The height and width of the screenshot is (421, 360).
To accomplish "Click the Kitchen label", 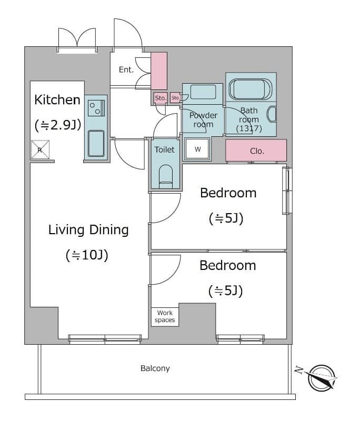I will [57, 99].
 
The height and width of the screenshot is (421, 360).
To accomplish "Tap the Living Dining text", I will [88, 229].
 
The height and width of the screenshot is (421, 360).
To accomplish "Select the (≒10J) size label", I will [87, 255].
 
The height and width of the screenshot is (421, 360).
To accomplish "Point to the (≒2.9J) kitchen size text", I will [57, 125].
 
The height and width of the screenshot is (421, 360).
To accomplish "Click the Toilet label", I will [164, 149].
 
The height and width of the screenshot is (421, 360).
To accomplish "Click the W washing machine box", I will [198, 149].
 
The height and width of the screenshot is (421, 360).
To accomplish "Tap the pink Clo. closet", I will [256, 151].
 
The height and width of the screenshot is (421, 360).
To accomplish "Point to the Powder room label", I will [203, 120].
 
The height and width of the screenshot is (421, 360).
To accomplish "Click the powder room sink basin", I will [203, 92].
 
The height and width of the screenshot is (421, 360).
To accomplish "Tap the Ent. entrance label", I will [126, 69].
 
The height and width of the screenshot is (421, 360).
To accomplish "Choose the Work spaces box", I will [165, 316].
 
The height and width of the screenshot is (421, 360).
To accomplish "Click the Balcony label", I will [155, 368].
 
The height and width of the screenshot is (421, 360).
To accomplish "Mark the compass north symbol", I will [322, 378].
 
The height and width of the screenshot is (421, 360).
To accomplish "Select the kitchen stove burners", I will [96, 108].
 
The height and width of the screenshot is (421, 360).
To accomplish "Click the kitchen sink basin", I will [96, 143].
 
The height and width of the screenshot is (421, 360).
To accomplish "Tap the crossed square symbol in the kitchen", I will [39, 149].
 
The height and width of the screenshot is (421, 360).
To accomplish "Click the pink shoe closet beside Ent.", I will [159, 71].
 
